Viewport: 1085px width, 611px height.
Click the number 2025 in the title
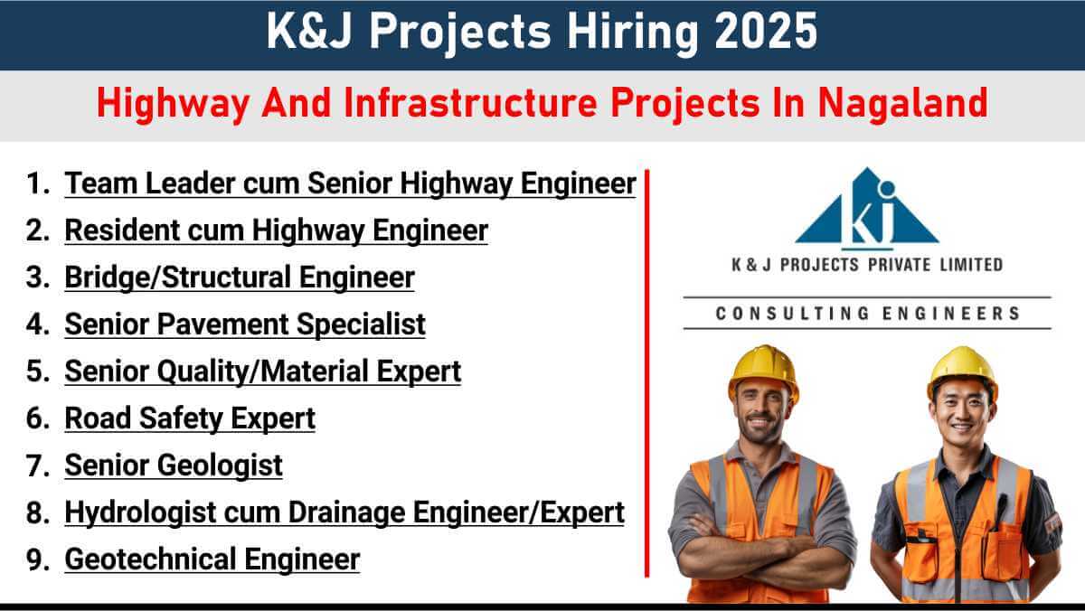click(766, 31)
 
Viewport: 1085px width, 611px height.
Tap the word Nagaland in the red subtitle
click(903, 103)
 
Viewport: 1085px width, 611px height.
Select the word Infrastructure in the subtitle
click(470, 103)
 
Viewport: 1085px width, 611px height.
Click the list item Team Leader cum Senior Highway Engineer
click(350, 184)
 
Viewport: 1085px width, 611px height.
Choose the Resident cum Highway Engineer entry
click(276, 230)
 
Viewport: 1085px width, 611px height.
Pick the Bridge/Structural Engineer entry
click(240, 277)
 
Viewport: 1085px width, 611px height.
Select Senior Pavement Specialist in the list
click(245, 324)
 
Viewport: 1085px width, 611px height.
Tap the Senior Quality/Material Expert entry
click(263, 371)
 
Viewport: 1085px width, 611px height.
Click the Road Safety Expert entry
click(190, 418)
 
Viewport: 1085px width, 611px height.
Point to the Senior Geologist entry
click(174, 465)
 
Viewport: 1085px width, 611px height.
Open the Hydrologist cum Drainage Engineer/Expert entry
click(344, 512)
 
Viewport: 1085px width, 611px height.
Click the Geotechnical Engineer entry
click(212, 559)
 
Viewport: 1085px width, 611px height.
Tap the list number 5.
click(37, 371)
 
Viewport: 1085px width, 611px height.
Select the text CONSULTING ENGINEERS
click(867, 314)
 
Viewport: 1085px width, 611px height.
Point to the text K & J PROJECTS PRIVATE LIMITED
click(867, 265)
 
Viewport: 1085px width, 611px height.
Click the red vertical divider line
click(646, 373)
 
